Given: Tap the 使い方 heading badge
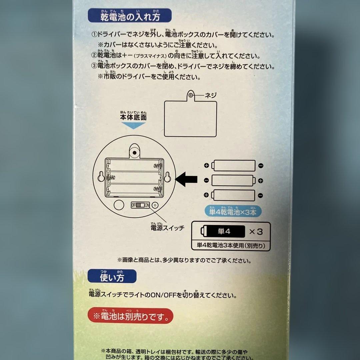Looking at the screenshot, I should (x=112, y=277).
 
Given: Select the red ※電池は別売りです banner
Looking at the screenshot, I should (x=130, y=316).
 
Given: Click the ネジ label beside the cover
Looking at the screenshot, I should (x=210, y=96).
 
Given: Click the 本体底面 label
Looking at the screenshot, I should (x=133, y=118).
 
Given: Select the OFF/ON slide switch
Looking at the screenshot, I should (x=140, y=205).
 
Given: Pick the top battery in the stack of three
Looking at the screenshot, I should (x=234, y=165).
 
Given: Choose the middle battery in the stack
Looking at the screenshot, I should (x=233, y=180).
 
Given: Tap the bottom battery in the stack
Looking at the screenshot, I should (x=234, y=195).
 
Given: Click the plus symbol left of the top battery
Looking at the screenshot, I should (x=206, y=165).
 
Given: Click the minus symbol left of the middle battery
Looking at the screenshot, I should (x=206, y=180).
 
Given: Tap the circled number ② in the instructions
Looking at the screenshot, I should (x=94, y=56).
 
